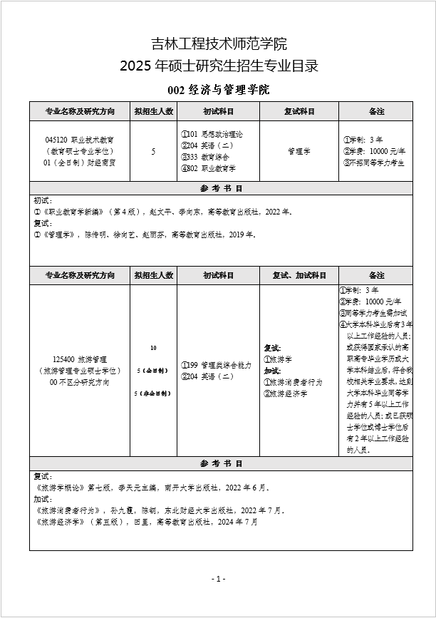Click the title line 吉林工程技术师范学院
[x=218, y=43]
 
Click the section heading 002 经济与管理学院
[x=218, y=90]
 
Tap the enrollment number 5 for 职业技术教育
[x=153, y=151]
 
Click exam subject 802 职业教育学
[x=208, y=168]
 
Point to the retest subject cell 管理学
[x=299, y=151]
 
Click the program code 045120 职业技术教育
[x=78, y=140]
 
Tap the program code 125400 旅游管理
[x=79, y=360]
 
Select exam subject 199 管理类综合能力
[x=216, y=365]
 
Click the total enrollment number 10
[x=153, y=348]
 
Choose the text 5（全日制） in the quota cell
[x=153, y=371]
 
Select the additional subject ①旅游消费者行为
[x=294, y=382]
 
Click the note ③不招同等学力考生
[x=374, y=163]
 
